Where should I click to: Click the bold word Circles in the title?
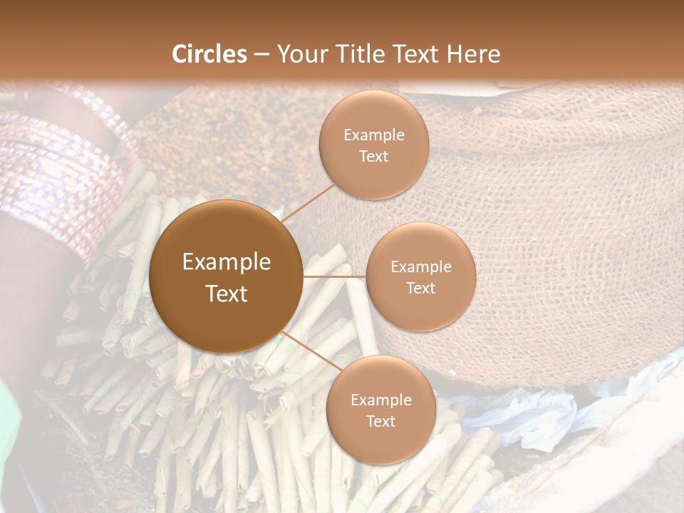click(209, 54)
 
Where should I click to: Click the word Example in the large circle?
click(227, 262)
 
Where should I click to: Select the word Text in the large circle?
click(227, 294)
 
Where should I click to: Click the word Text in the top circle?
click(374, 156)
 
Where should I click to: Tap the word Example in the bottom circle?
click(381, 400)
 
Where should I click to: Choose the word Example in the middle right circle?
click(421, 267)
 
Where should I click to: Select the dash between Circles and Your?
click(261, 54)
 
